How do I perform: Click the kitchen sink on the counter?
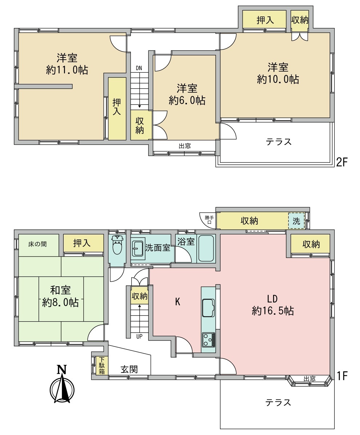(x=208, y=307)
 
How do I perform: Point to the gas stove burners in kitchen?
(x=208, y=339)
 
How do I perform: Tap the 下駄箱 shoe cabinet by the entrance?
(x=102, y=366)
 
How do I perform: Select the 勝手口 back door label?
(x=209, y=220)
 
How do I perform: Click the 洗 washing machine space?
(x=296, y=221)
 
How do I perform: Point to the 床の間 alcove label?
(x=37, y=245)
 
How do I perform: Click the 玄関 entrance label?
(x=129, y=369)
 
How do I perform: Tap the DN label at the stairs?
(x=139, y=68)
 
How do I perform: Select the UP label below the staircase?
(x=139, y=336)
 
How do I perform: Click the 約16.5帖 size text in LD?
(x=273, y=311)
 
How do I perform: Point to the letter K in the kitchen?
(x=178, y=302)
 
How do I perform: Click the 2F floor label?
(x=342, y=162)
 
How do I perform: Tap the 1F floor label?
(x=342, y=376)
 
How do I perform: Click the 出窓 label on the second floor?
(x=185, y=146)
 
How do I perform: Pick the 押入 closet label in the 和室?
(x=82, y=243)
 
